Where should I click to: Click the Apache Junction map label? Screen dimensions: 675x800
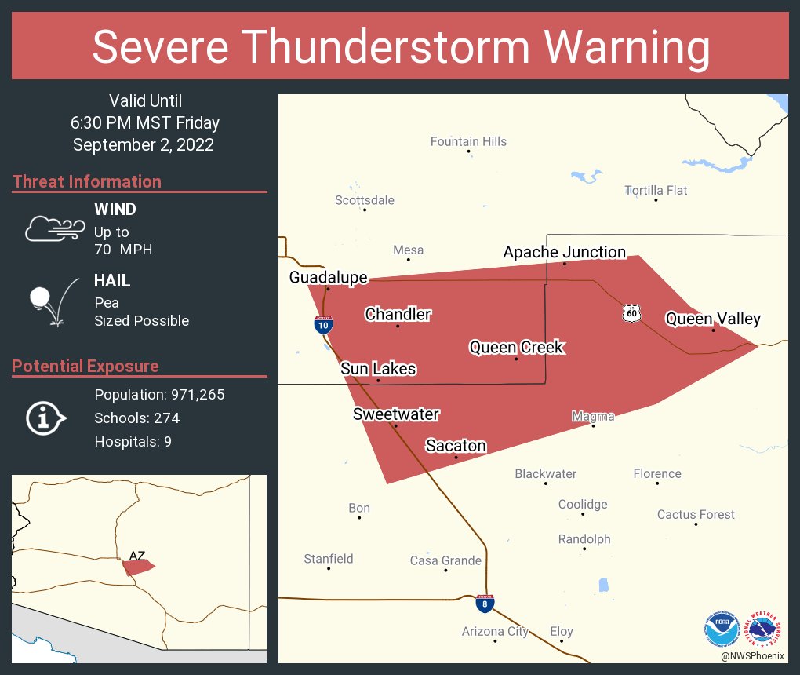coord(564,252)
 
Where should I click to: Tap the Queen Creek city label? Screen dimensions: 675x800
coord(516,347)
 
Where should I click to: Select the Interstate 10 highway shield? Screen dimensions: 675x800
coord(323,325)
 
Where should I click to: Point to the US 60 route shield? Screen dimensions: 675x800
coord(631,313)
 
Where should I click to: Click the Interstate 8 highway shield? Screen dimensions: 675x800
coord(485,604)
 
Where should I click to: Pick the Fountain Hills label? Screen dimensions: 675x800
coord(468,141)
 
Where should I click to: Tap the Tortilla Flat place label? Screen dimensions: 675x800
coord(656,190)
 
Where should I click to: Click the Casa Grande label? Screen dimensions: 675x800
coord(445,560)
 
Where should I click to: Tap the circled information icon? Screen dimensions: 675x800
coord(46,418)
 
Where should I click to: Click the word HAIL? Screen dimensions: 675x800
coord(112,280)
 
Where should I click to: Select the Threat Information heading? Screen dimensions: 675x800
coord(87,181)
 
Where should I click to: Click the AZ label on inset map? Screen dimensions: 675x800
coord(137,556)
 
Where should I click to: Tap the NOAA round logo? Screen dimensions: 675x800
coord(722,629)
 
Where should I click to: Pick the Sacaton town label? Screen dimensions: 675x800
coord(456,446)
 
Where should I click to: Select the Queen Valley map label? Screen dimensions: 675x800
coord(713,319)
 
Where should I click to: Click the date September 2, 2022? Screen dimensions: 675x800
coord(144,144)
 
